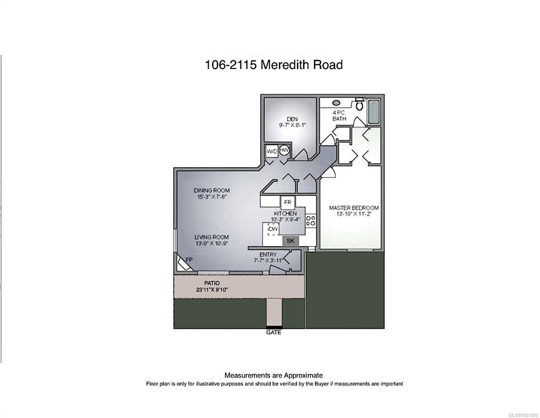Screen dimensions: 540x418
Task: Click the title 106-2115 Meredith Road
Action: tap(274, 65)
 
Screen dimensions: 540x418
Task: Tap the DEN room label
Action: tap(292, 119)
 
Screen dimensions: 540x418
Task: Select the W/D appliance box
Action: tap(272, 151)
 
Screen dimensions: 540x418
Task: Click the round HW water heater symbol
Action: tap(284, 150)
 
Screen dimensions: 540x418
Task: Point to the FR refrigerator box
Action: tap(288, 202)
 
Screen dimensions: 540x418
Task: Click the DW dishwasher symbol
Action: tap(273, 229)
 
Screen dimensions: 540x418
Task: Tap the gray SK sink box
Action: tap(290, 241)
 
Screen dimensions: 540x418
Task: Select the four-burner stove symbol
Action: tap(311, 220)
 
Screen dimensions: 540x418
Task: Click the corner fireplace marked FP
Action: tap(183, 263)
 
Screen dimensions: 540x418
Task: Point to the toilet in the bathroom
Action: tap(359, 103)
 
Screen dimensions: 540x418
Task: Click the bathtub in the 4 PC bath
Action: tap(374, 112)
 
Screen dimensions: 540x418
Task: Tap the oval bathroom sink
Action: tap(337, 103)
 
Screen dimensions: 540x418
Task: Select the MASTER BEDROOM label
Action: tap(353, 208)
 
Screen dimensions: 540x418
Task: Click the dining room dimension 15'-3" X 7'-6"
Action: tap(212, 197)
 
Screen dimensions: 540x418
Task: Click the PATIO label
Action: tap(212, 283)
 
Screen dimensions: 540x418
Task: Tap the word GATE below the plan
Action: tap(274, 333)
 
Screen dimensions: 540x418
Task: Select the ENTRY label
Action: tap(268, 255)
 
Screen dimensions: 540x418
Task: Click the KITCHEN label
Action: tap(285, 214)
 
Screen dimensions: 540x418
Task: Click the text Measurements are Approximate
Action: tap(274, 375)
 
